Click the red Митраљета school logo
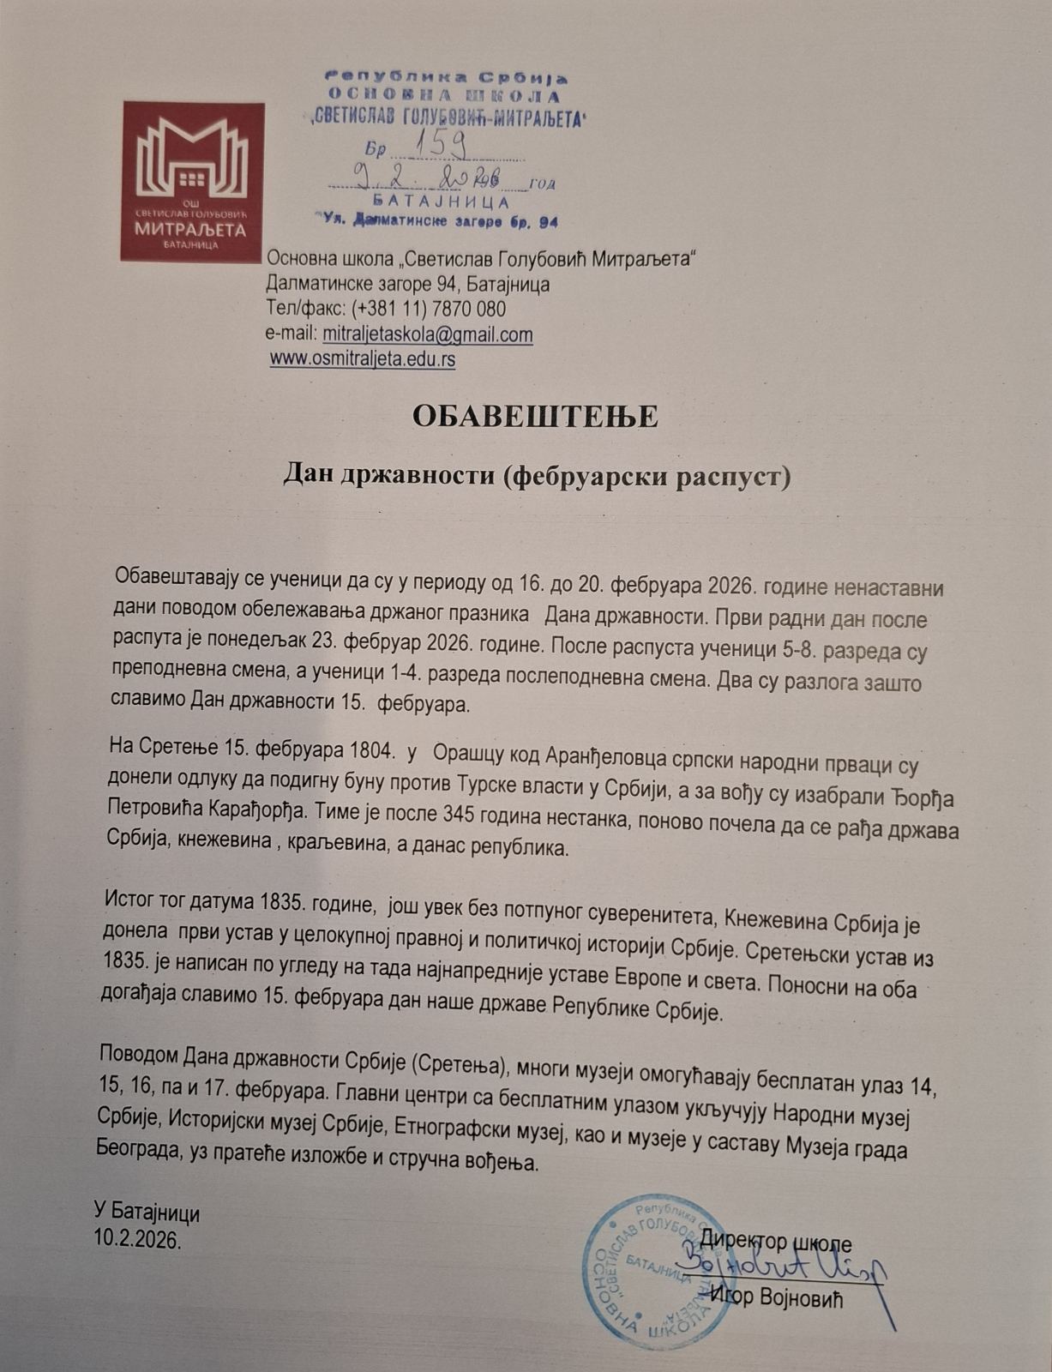[x=192, y=181]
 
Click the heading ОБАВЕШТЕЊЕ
[x=535, y=416]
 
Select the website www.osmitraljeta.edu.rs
[x=363, y=359]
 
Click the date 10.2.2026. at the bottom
[x=138, y=1239]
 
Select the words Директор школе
[x=776, y=1241]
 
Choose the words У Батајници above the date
[x=147, y=1213]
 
